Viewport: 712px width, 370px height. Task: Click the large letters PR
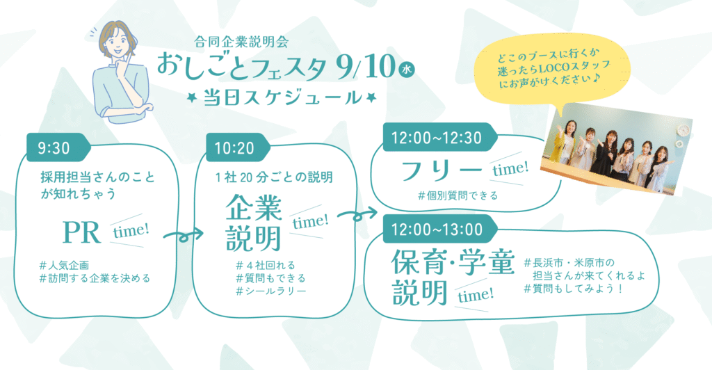[x=81, y=232]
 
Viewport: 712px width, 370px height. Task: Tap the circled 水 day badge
[x=406, y=70]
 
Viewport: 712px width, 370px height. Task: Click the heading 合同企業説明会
[x=241, y=42]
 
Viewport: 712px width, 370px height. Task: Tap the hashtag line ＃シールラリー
[x=271, y=291]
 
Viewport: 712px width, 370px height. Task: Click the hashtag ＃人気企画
[x=63, y=265]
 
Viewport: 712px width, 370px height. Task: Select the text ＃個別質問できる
[x=458, y=195]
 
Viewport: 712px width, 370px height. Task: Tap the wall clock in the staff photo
[x=683, y=131]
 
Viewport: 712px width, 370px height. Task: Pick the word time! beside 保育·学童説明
[x=475, y=296]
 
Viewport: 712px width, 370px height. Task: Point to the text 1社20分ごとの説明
[x=274, y=177]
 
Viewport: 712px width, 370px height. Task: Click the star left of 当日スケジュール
[x=193, y=97]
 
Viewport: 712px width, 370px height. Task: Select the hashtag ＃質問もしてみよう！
[x=574, y=289]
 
